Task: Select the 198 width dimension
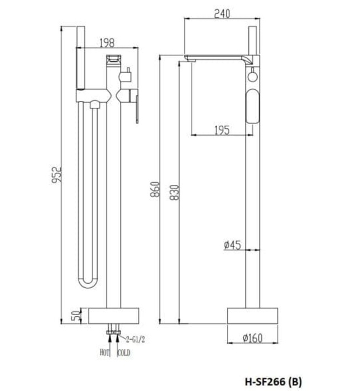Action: click(107, 42)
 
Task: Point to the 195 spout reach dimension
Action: click(222, 130)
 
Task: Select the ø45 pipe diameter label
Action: click(232, 245)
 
